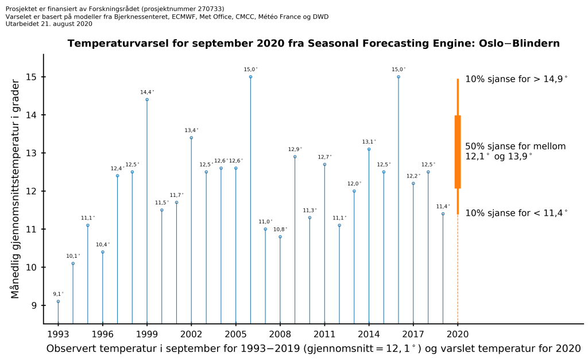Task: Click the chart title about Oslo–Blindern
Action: (314, 44)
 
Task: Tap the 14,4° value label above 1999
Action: (148, 92)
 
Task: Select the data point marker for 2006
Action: (250, 77)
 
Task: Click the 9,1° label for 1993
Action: (59, 294)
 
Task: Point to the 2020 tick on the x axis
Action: (458, 333)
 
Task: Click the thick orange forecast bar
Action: (458, 152)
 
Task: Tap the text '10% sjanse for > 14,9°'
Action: (516, 79)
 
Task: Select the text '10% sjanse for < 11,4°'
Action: (516, 212)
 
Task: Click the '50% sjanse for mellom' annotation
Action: (515, 146)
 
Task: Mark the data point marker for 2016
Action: (399, 77)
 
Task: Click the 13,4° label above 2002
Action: (192, 130)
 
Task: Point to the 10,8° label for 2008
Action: (280, 229)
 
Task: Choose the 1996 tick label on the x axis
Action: (103, 333)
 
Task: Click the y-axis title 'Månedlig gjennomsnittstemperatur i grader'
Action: (16, 188)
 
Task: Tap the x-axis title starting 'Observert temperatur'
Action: (313, 349)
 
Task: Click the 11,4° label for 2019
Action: (443, 207)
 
